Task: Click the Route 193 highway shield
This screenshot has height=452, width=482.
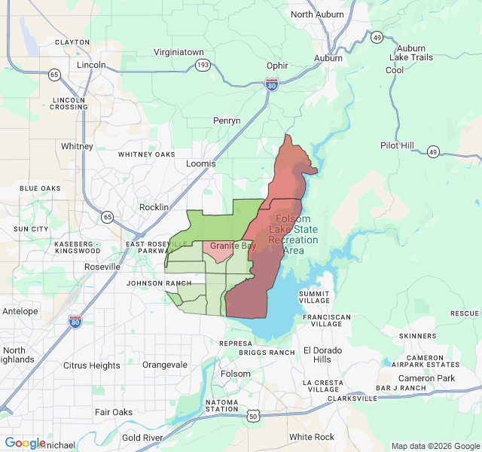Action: (x=203, y=66)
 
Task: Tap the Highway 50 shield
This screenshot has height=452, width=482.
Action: (x=253, y=415)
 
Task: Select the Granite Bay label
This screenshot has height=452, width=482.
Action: (x=233, y=246)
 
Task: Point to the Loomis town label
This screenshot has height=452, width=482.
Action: (x=201, y=163)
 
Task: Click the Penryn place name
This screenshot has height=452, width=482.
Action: (x=227, y=121)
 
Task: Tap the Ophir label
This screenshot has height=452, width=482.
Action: (x=277, y=66)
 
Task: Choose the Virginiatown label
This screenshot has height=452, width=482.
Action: (x=178, y=53)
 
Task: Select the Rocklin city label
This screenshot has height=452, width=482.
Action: (x=154, y=207)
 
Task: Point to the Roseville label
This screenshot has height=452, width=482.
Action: (x=102, y=267)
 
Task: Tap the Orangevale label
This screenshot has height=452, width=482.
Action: (x=164, y=365)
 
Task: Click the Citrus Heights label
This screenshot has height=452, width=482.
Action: (x=92, y=365)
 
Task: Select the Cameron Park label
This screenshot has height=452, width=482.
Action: (x=427, y=378)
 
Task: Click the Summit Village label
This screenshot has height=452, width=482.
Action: (x=314, y=297)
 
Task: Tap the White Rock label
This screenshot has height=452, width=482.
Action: (x=312, y=437)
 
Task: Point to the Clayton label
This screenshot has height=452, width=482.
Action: (x=73, y=42)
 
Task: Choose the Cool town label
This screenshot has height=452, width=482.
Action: (x=395, y=70)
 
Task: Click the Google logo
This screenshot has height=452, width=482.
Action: (x=25, y=443)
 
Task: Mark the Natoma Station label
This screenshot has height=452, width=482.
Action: (x=221, y=406)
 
